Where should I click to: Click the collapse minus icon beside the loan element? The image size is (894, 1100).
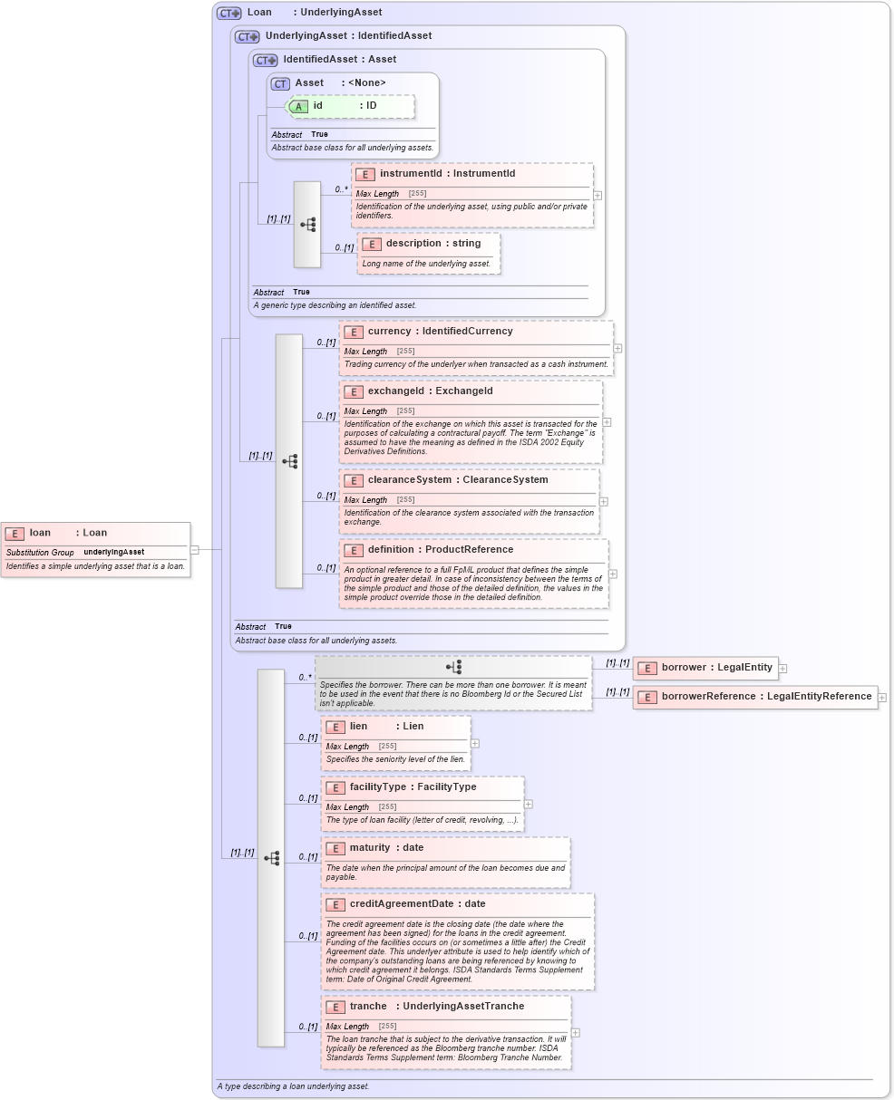pos(195,549)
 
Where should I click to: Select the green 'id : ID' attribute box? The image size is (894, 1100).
pos(350,106)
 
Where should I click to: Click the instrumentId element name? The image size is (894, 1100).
pos(411,174)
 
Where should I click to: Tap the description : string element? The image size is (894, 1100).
pos(429,244)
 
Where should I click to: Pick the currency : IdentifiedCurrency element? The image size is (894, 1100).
pos(440,332)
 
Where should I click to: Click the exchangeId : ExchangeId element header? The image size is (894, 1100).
pos(430,391)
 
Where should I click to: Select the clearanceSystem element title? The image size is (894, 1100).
pos(457,480)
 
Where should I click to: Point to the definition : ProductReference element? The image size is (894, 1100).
pos(440,550)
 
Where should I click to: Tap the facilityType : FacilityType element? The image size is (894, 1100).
pos(413,787)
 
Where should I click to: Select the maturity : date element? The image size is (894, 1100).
pos(386,848)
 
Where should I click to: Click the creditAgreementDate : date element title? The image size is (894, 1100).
pos(417,904)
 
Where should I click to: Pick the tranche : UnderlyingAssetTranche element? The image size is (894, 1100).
pos(436,1007)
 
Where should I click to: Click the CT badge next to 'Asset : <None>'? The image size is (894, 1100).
pos(280,83)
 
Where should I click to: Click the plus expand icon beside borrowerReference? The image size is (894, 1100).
pos(881,698)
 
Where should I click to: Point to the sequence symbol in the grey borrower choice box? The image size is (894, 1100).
pos(453,667)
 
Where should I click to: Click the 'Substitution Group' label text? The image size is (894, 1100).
pos(40,552)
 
